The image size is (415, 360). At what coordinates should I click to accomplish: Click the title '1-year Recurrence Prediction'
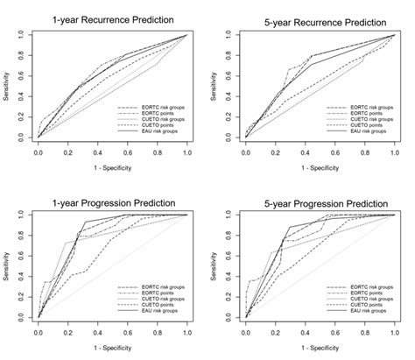[113, 19]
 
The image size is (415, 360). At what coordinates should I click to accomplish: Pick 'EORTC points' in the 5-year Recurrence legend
[361, 112]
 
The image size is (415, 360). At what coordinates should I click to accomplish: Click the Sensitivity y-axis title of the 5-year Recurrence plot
[215, 86]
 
